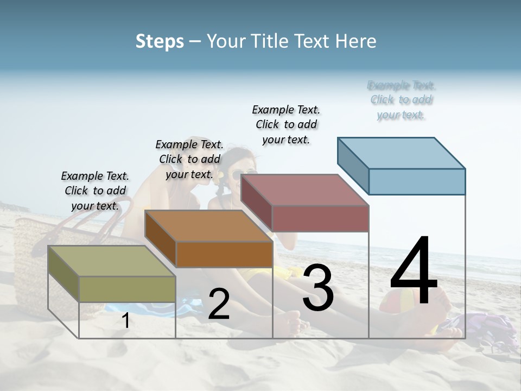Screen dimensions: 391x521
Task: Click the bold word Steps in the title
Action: coord(160,41)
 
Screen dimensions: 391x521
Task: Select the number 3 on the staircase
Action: coord(318,288)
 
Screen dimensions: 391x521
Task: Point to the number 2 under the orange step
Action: coord(219,304)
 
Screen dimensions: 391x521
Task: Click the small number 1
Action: coord(126,320)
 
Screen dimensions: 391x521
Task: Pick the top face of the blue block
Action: coord(402,153)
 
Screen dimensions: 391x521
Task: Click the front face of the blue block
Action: coord(417,181)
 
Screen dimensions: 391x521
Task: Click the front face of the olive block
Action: coord(127,289)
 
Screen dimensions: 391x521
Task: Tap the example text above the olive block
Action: coord(95,191)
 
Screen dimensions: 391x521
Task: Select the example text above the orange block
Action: coord(189,159)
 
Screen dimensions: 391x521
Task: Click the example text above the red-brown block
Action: coord(286,124)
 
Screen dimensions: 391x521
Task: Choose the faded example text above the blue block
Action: coord(402,100)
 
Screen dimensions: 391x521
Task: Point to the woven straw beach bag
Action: coord(33,261)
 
